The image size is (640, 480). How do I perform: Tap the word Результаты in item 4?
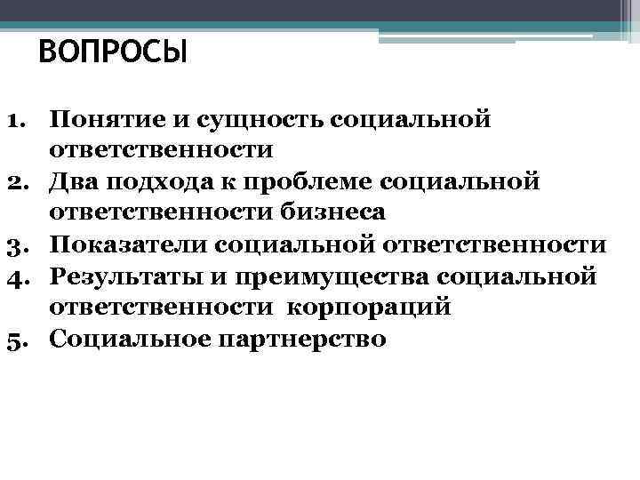(130, 276)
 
